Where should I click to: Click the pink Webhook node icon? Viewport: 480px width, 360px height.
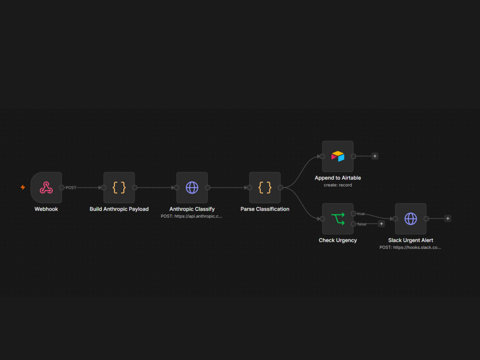coord(46,188)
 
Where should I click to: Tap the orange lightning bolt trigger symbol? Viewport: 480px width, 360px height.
coord(23,187)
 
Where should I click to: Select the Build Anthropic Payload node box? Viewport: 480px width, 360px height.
coord(119,188)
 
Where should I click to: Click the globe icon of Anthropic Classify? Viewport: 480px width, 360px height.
coord(192,188)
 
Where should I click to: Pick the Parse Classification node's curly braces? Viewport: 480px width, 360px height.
coord(265,188)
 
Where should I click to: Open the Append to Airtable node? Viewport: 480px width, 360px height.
coord(337,156)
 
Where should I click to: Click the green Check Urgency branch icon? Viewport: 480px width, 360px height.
coord(338,219)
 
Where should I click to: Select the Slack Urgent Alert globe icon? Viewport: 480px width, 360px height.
coord(411,219)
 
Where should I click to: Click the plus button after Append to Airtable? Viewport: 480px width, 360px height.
coord(375,156)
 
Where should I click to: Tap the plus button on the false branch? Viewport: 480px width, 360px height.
coord(382,224)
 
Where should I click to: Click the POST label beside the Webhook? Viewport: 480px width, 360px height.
coord(71,188)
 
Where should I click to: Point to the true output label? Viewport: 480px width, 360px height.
coord(361,214)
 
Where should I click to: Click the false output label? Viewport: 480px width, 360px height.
coord(361,224)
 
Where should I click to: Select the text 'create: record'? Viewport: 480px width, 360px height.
coord(337,185)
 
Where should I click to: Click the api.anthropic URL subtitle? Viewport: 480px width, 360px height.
coord(192,216)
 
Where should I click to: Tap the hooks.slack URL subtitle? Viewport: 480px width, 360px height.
coord(410,247)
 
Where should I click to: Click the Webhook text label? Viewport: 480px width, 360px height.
coord(46,209)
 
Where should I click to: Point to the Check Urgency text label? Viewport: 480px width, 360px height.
coord(337,240)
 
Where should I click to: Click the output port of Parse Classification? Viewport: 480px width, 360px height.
coord(280,188)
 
